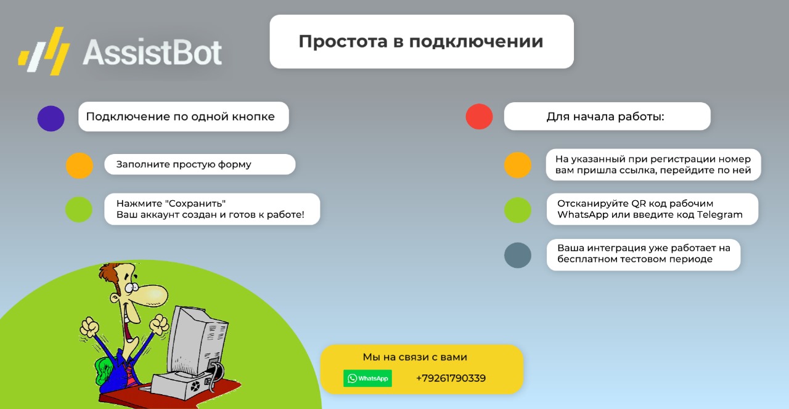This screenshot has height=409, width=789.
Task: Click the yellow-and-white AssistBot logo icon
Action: (x=44, y=51)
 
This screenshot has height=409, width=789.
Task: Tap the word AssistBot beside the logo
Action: (x=152, y=52)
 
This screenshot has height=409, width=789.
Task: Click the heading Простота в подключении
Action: (x=421, y=41)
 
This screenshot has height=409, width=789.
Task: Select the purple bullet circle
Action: (x=51, y=118)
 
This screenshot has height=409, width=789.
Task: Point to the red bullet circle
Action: (x=479, y=116)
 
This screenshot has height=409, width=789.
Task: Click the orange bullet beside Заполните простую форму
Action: (x=80, y=165)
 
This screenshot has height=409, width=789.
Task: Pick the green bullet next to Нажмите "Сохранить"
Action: (x=79, y=209)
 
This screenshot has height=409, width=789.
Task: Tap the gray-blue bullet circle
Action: (x=517, y=255)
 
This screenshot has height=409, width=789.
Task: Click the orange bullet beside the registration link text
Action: (x=517, y=164)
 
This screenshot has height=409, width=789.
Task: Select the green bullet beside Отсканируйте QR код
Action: (x=517, y=210)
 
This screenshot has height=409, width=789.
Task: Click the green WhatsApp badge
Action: (x=367, y=378)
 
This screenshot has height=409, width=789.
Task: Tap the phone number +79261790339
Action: (x=451, y=378)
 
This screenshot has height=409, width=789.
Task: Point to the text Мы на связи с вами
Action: (x=415, y=357)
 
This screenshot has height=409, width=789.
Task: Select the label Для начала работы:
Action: (x=605, y=117)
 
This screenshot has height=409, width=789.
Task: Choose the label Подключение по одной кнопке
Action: (x=180, y=117)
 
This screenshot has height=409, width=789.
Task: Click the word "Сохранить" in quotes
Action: (x=196, y=203)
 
